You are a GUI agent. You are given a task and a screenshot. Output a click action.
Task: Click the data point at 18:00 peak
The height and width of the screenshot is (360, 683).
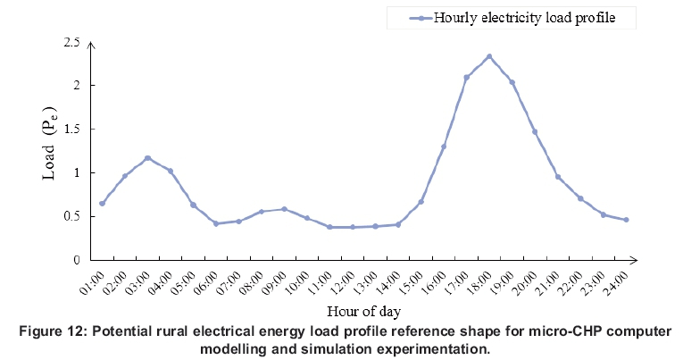(489, 56)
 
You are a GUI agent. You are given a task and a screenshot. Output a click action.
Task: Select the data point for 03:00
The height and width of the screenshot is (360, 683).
(147, 158)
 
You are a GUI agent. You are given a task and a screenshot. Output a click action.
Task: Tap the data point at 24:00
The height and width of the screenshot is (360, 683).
(626, 220)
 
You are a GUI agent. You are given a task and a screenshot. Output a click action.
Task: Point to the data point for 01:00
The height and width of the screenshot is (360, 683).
(102, 204)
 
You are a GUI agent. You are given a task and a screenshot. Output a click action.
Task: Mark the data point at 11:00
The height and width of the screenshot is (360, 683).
(329, 227)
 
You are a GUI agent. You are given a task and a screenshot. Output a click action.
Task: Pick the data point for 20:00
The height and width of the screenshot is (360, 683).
(535, 132)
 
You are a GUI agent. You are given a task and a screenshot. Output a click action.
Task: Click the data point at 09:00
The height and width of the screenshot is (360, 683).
(284, 209)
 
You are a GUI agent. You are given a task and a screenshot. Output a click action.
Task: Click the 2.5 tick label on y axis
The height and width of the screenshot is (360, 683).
(71, 42)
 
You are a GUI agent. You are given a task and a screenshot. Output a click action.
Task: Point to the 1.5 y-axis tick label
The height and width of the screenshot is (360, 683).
(71, 130)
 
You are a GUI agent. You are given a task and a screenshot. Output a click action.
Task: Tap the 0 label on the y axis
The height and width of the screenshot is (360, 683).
(78, 260)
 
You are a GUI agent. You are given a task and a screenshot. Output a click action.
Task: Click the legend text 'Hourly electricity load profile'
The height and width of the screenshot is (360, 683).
(525, 17)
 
